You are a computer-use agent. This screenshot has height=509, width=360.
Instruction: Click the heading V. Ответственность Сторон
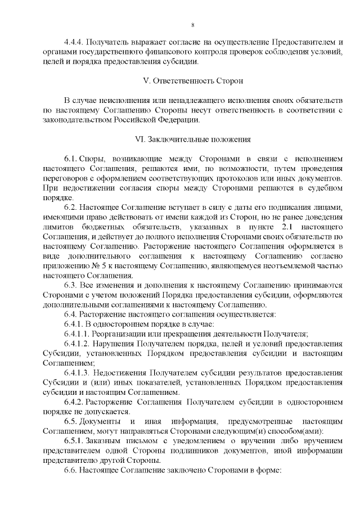[x=193, y=80]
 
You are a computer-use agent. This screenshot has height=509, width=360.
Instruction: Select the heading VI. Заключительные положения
[x=192, y=138]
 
